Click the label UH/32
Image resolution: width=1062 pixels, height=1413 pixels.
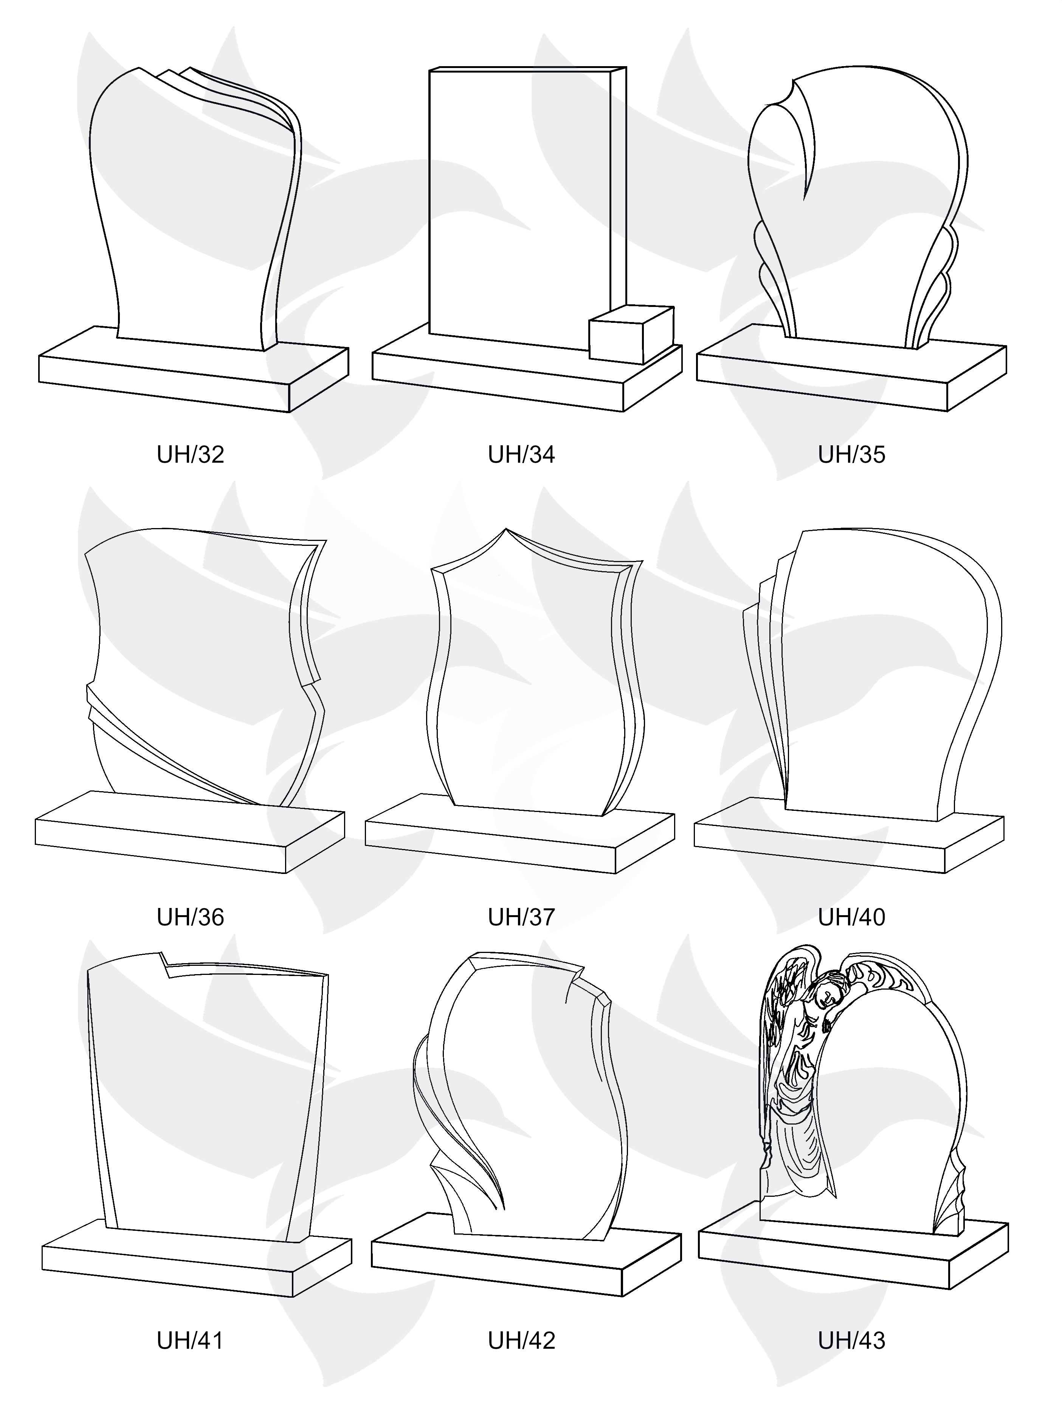point(191,455)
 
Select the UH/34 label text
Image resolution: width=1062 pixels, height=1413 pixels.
point(521,455)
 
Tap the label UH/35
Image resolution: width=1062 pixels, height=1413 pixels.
point(852,455)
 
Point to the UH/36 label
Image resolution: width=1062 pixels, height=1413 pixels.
point(191,917)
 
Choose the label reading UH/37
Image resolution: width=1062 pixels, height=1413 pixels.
point(521,917)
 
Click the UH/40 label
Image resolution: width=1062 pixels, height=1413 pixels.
point(852,917)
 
